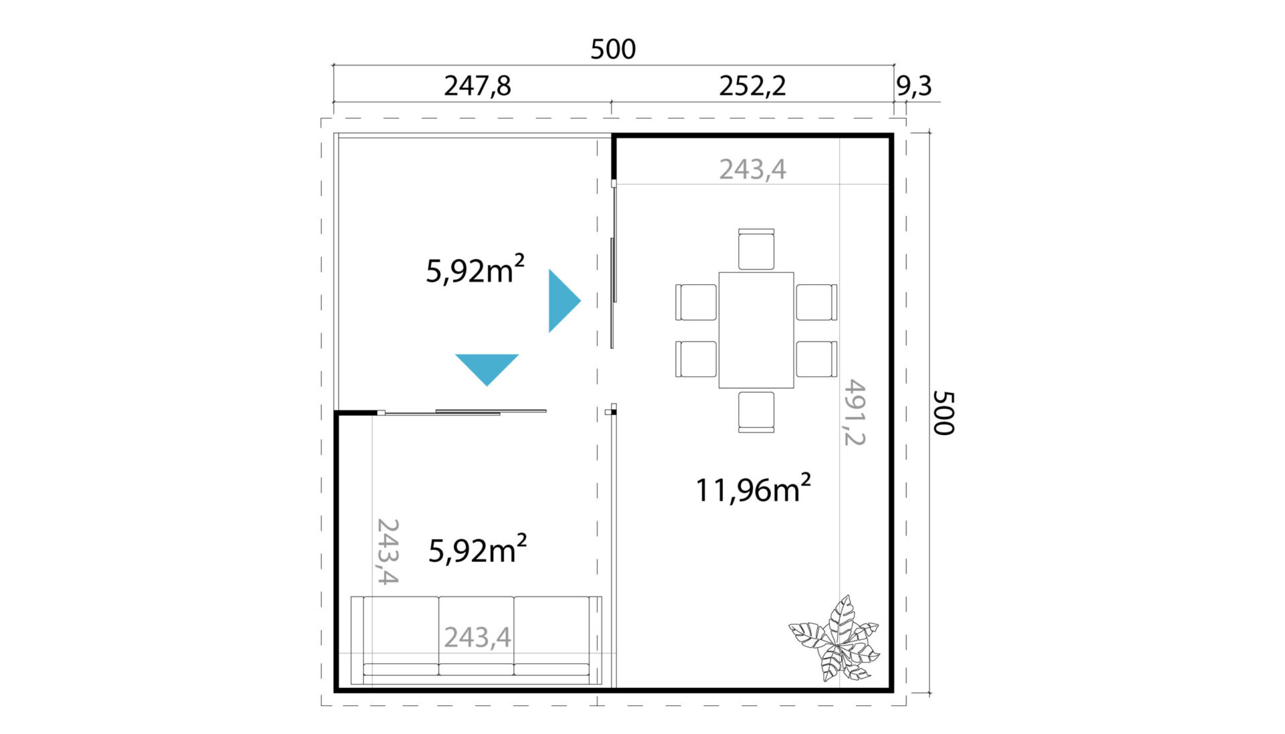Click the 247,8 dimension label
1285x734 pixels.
click(477, 86)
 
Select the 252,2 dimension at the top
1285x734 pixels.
click(752, 86)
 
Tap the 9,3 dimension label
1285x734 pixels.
click(914, 86)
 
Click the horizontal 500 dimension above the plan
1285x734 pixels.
click(613, 50)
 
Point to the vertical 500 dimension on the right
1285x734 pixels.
click(944, 413)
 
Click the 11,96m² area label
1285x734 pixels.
click(754, 488)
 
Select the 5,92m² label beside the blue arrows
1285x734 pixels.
click(475, 270)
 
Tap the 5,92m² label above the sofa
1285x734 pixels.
click(477, 549)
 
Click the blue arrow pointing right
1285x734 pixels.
click(564, 301)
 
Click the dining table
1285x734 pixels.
click(756, 330)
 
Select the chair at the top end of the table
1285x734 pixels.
click(756, 249)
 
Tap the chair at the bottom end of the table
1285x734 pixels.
click(756, 411)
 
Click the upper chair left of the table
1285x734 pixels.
click(696, 302)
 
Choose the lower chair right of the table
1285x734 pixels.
click(817, 359)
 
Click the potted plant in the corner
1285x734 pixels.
click(835, 639)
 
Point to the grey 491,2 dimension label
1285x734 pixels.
click(855, 412)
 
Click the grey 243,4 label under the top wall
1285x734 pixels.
click(752, 169)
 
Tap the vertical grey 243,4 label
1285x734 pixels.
click(388, 551)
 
